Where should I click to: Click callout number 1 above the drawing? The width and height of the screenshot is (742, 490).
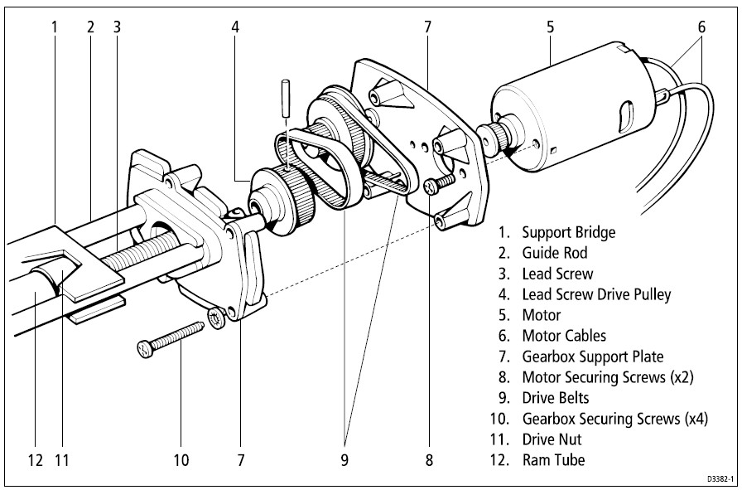coord(54,27)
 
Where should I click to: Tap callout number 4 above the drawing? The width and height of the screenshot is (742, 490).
coord(235,27)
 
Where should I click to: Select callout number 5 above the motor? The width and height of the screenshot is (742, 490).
coord(550,27)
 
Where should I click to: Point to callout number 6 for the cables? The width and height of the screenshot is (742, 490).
coord(701,27)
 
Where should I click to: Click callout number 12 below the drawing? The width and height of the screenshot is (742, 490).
coord(35,458)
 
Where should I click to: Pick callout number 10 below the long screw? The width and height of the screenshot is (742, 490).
coord(181,458)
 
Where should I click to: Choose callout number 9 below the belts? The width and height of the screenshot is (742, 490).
coord(344,458)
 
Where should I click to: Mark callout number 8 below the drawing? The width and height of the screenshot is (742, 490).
coord(428,458)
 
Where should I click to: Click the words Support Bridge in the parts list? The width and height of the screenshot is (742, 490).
coord(569,232)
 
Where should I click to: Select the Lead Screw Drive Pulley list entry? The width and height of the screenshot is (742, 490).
coord(596,294)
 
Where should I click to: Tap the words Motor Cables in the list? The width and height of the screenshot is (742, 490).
coord(564,336)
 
